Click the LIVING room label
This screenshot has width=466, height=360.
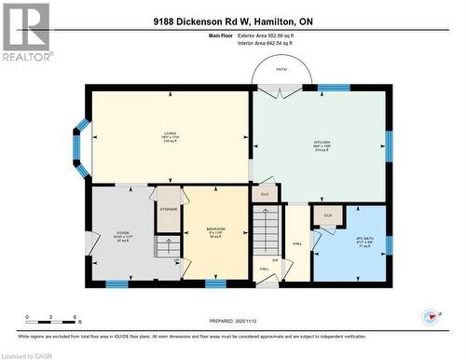pos(170,133)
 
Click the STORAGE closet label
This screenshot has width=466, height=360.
pos(169,210)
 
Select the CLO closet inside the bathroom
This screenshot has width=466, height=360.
pos(327,215)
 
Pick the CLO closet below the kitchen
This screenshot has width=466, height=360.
pos(266,194)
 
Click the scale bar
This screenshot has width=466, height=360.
pos(52,324)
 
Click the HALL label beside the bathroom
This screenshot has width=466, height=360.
pos(297,244)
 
